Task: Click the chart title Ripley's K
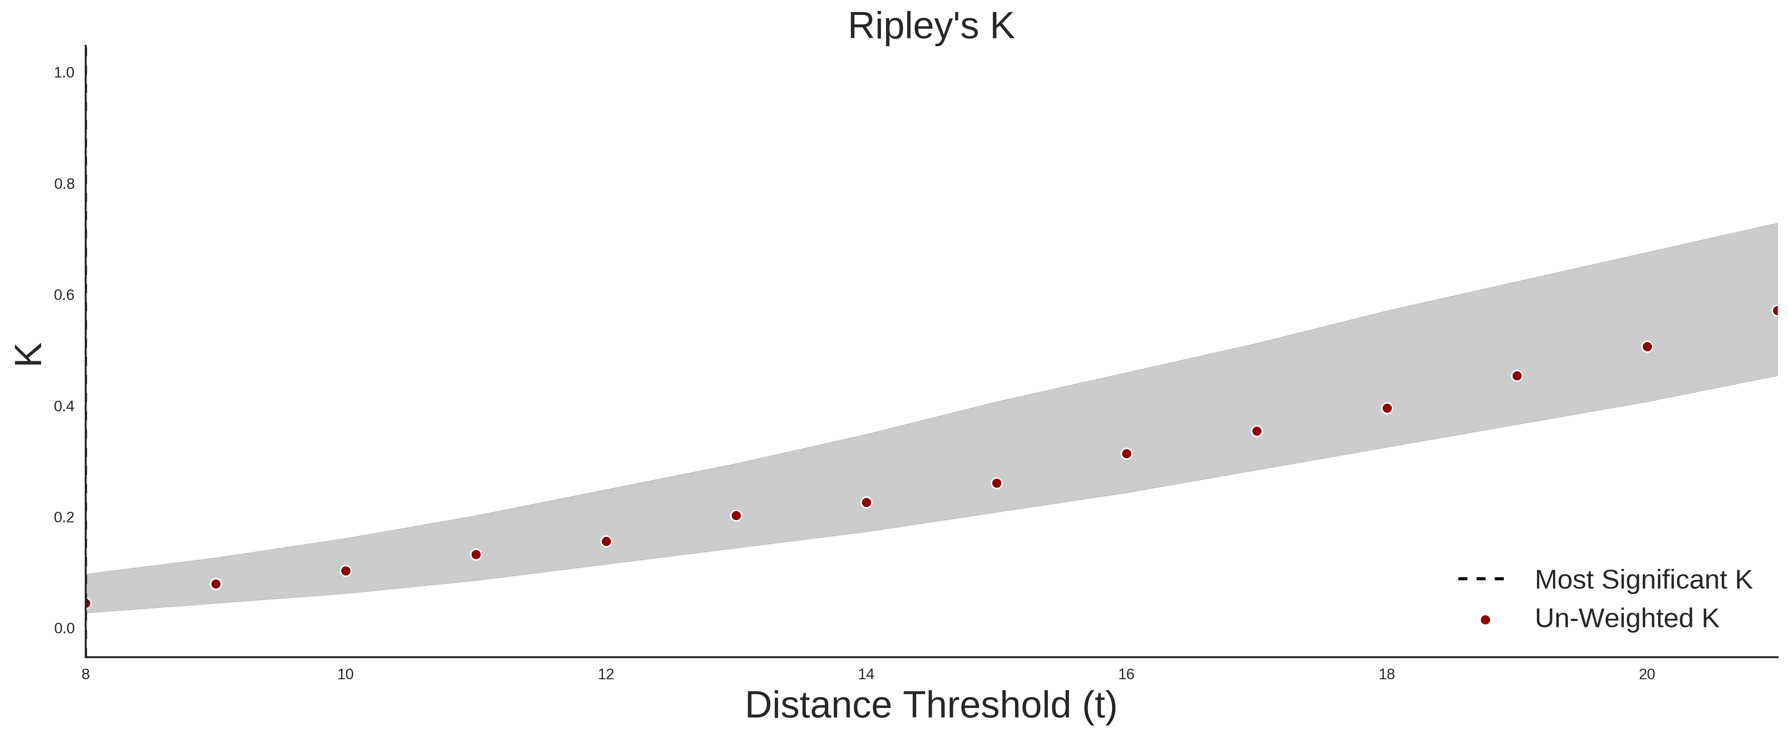(931, 26)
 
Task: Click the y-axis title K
(28, 354)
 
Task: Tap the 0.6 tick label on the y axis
(64, 295)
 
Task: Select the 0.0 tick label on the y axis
(64, 628)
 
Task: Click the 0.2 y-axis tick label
(64, 517)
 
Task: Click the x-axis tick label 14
(866, 674)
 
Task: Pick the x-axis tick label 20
(1646, 674)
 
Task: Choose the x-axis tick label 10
(346, 674)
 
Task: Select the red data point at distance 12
(606, 542)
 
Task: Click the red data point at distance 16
(1127, 454)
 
